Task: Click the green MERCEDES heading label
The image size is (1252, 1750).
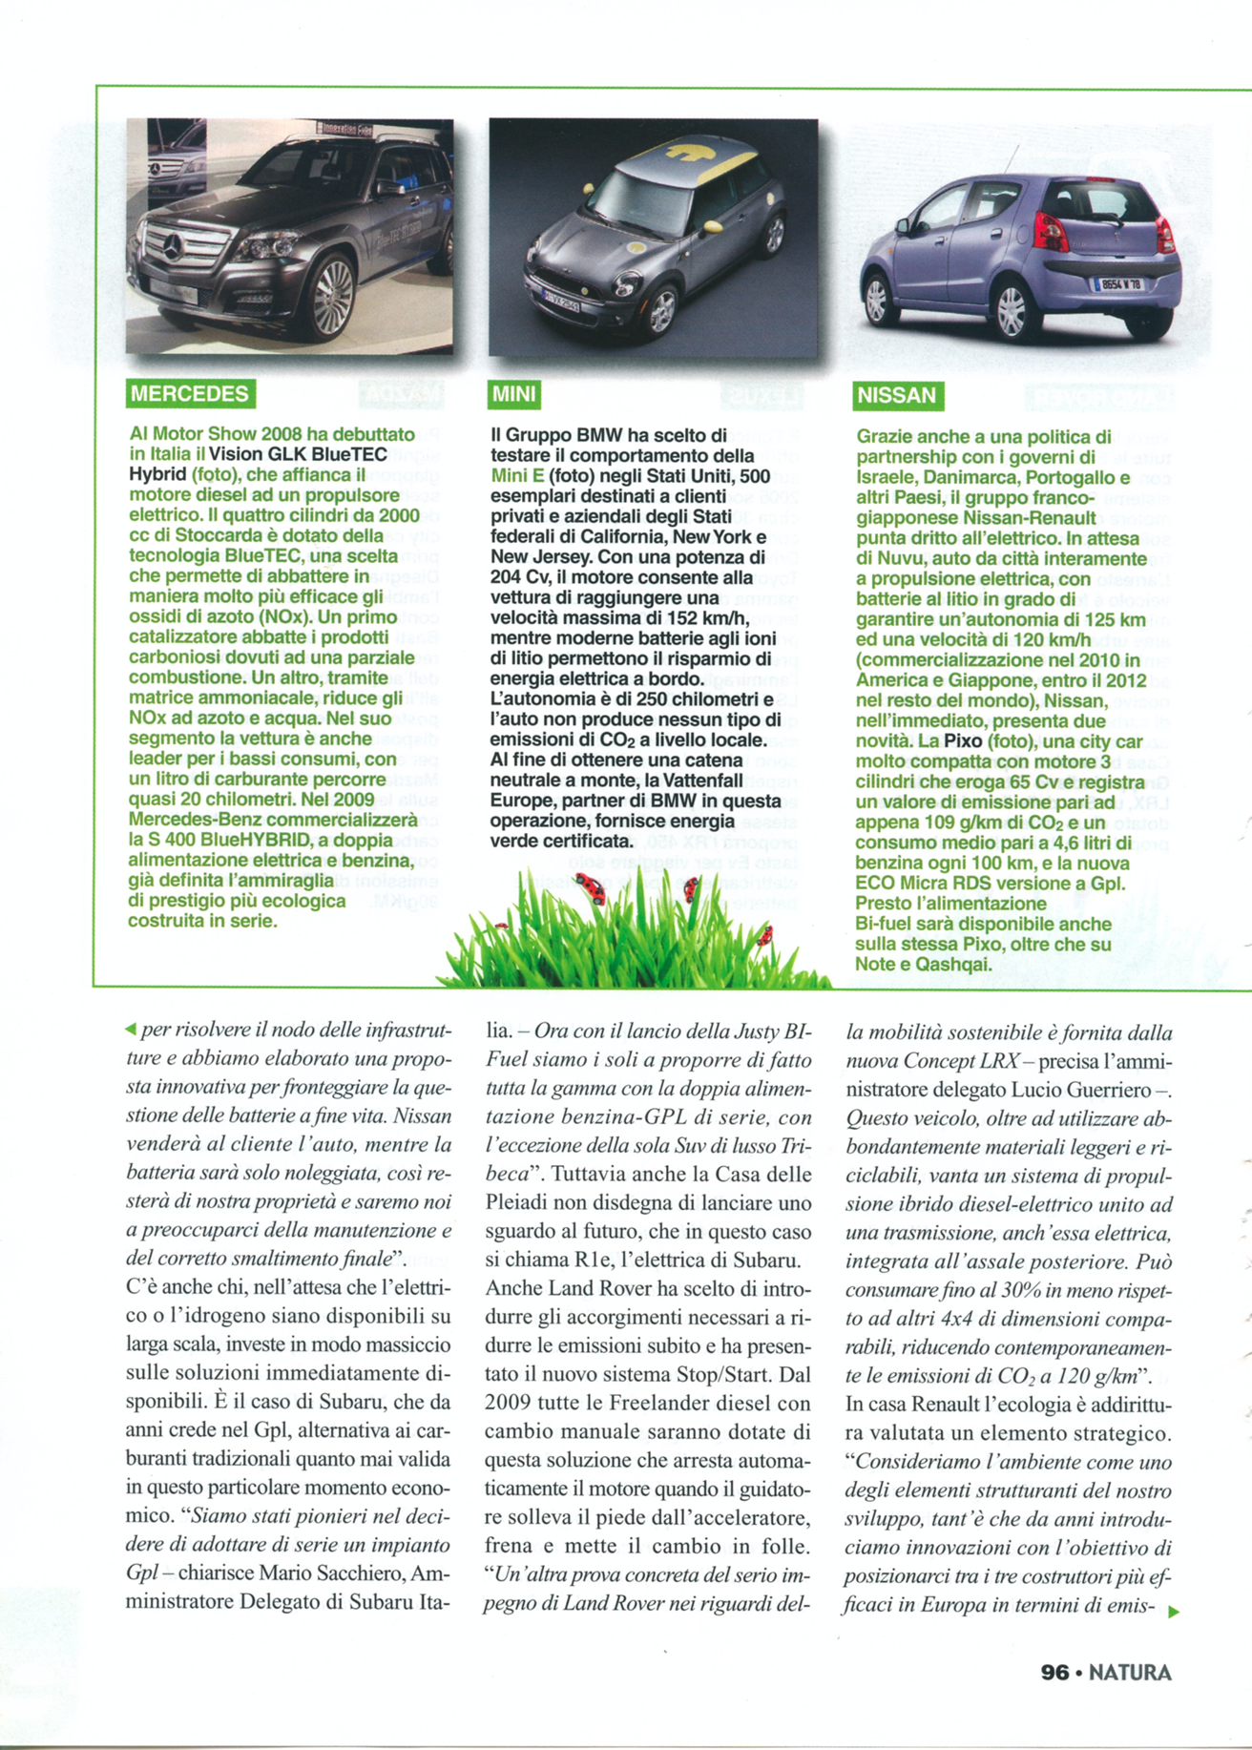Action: pos(190,394)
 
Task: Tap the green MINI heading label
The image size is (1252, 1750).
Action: pos(514,394)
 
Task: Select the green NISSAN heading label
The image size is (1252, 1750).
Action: pos(896,396)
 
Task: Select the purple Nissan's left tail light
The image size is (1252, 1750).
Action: pos(1050,232)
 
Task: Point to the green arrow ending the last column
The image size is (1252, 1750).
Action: pos(1174,1612)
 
